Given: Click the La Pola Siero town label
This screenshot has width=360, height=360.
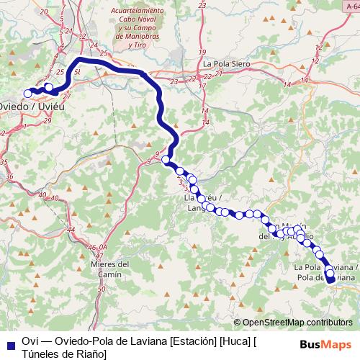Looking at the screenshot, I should click(x=226, y=63).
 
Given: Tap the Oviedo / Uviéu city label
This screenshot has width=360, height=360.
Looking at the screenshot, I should click(x=29, y=106).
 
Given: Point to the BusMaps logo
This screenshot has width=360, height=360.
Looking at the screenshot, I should click(x=325, y=344).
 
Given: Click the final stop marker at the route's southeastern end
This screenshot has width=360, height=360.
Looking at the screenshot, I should click(x=330, y=281).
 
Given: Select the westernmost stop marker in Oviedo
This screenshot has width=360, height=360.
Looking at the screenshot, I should click(x=29, y=93).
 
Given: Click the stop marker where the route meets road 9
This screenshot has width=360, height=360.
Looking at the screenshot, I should click(x=166, y=160).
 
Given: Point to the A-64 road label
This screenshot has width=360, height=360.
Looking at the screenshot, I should click(x=351, y=6).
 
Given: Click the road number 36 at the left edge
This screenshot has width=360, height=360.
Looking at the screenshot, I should click(x=9, y=175).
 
